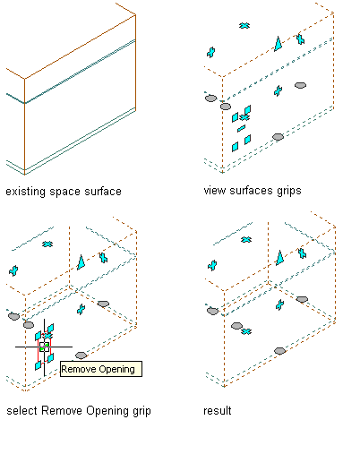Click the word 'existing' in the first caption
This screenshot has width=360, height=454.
coord(26,192)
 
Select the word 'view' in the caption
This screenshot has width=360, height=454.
coord(215,191)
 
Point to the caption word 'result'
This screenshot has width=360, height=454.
coord(218,411)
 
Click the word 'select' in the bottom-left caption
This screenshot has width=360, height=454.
coord(22,411)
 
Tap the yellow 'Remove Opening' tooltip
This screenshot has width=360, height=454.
coord(101,369)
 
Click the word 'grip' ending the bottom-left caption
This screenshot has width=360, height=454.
coord(141,411)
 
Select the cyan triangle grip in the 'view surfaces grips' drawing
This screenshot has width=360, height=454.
coord(279,44)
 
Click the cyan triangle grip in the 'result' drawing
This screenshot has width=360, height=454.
coord(279,258)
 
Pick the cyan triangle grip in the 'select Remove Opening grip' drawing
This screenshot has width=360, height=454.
coord(81,262)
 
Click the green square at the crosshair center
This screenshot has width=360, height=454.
coord(44,347)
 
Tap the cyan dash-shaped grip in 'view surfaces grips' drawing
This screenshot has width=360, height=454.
coord(241,128)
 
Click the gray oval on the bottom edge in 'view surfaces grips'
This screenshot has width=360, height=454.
coord(278,137)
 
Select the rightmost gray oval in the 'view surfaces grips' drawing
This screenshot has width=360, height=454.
coord(300,85)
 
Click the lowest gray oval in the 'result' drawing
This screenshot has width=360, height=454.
coord(279,351)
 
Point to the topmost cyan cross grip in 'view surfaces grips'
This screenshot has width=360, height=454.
coord(244,26)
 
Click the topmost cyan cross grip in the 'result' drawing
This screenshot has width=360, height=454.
coord(246,239)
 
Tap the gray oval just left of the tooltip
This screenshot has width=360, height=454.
coord(81,355)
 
